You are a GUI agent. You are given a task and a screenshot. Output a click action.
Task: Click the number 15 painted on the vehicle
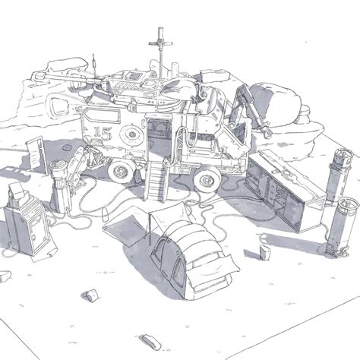click(103, 134)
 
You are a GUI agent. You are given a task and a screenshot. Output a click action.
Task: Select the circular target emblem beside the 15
click(131, 134)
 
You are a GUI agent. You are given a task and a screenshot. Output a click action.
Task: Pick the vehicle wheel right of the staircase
click(207, 179)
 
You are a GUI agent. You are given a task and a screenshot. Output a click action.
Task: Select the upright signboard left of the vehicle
click(37, 155)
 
